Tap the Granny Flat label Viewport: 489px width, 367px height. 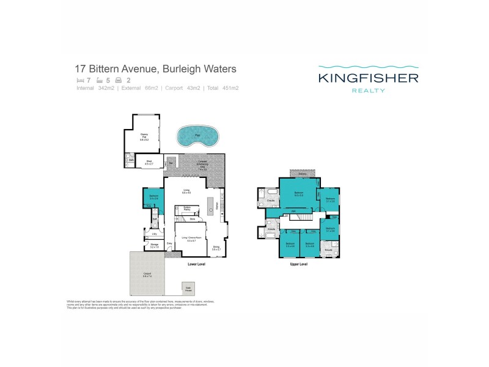click(x=144, y=136)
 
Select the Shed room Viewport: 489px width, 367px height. click(x=148, y=163)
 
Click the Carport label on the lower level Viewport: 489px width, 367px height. click(x=147, y=275)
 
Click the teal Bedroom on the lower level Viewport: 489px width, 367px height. click(x=153, y=197)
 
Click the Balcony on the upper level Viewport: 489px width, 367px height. click(x=302, y=174)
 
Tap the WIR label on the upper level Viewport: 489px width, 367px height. click(x=293, y=212)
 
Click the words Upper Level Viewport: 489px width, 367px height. click(x=298, y=264)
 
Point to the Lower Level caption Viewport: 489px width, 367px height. click(x=197, y=265)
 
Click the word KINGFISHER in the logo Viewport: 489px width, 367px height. click(x=367, y=78)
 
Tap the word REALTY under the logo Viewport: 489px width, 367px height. click(x=367, y=91)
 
